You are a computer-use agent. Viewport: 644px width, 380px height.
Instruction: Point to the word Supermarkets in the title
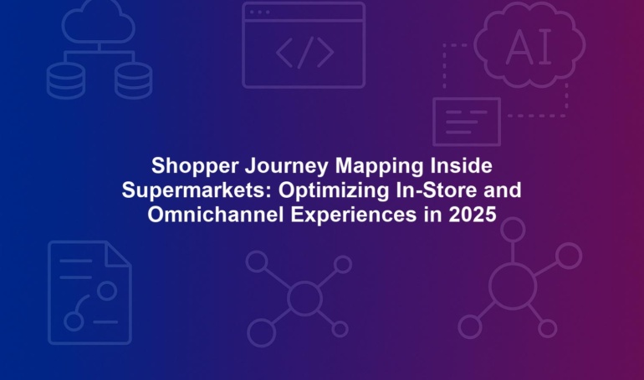click(197, 190)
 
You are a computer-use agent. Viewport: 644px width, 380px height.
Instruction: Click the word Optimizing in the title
click(334, 190)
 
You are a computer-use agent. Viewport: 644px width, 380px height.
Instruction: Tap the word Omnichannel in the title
click(216, 215)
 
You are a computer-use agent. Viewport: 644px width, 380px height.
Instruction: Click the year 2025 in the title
click(473, 215)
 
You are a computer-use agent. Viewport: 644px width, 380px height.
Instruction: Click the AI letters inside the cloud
click(529, 48)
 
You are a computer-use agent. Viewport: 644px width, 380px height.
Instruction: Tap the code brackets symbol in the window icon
click(304, 53)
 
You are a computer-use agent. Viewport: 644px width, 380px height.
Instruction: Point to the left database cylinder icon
click(66, 81)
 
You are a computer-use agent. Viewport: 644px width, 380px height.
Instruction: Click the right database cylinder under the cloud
click(133, 81)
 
